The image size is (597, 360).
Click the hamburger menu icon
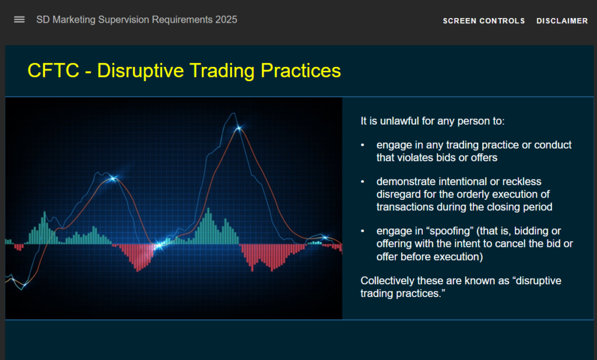(x=19, y=19)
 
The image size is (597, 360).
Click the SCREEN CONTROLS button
(x=484, y=21)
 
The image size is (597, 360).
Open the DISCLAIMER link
(x=562, y=21)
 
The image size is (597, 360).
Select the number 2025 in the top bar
(x=226, y=19)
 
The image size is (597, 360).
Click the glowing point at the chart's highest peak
(x=238, y=128)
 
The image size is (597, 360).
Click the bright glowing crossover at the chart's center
(x=158, y=246)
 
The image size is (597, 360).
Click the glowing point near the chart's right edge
(x=325, y=237)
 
